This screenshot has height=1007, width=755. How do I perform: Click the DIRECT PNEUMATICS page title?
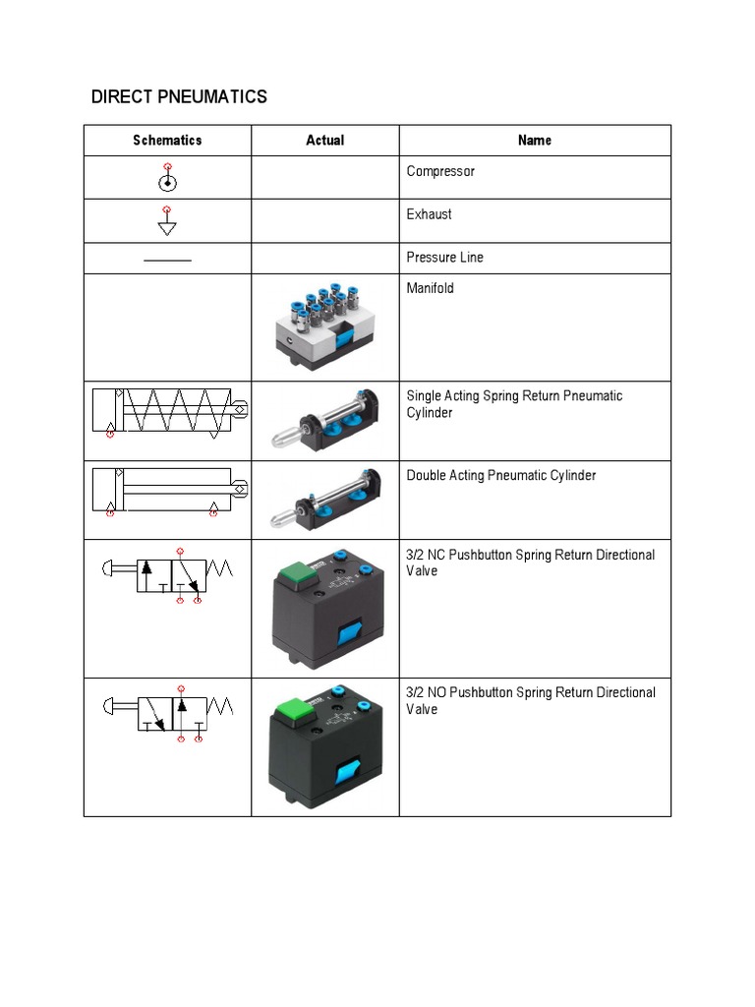point(179,96)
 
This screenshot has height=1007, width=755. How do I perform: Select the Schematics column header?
point(167,141)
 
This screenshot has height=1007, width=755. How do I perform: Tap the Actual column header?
point(324,141)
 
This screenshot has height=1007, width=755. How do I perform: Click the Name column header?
point(534,141)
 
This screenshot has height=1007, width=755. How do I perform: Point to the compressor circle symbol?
point(168,183)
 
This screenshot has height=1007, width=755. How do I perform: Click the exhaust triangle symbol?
point(168,227)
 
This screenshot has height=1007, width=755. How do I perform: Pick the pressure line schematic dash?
point(168,260)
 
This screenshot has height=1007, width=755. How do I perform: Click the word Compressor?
point(440,171)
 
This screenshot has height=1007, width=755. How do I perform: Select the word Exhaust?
point(430,214)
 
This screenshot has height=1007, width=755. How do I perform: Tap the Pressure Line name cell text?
point(445,258)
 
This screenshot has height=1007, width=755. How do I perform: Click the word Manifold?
point(431,289)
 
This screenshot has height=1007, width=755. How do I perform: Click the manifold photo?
point(324,327)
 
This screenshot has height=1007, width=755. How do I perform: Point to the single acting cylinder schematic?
point(168,411)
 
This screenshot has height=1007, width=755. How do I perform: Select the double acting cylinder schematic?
point(168,490)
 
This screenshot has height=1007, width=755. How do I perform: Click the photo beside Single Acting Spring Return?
point(324,421)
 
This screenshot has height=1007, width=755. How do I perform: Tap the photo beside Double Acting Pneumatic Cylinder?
point(324,500)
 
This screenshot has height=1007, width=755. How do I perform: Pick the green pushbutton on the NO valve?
point(293,710)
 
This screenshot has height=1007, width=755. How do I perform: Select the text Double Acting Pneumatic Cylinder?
point(501,476)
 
